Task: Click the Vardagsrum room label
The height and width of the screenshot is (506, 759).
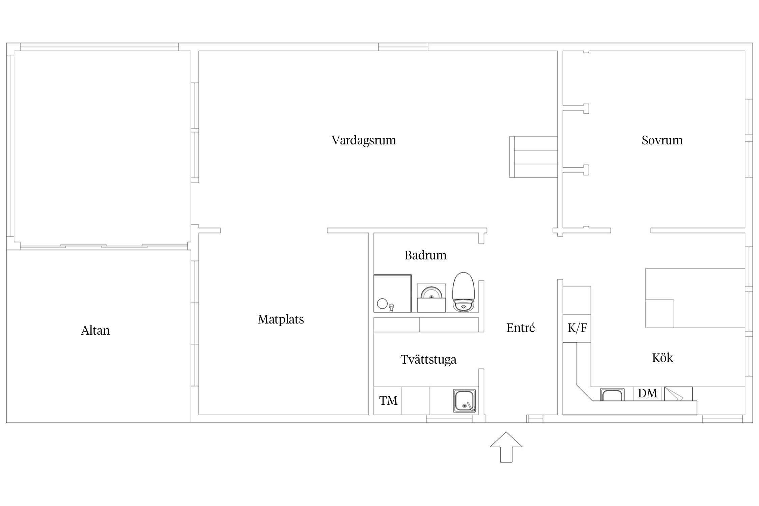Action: pyautogui.click(x=364, y=140)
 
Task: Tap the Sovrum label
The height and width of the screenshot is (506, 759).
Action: pyautogui.click(x=662, y=140)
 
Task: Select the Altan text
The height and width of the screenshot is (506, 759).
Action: pyautogui.click(x=95, y=330)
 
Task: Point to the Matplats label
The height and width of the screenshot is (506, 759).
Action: pyautogui.click(x=281, y=319)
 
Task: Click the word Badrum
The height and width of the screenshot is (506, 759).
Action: pyautogui.click(x=425, y=255)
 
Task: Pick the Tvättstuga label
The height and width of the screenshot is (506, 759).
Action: pyautogui.click(x=428, y=360)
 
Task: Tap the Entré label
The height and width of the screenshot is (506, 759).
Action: pyautogui.click(x=521, y=328)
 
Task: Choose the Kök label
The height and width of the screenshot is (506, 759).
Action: pyautogui.click(x=663, y=358)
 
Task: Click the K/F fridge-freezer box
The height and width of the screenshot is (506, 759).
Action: pyautogui.click(x=577, y=328)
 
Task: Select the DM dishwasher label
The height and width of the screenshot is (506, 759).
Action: pyautogui.click(x=648, y=393)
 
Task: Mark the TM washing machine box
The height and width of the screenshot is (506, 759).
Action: pyautogui.click(x=388, y=401)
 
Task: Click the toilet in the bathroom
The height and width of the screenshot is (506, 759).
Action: pyautogui.click(x=463, y=292)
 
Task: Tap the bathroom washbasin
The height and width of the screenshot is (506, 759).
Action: pyautogui.click(x=431, y=298)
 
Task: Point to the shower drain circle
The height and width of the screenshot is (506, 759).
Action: pyautogui.click(x=382, y=304)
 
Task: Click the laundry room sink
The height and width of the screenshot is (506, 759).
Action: pyautogui.click(x=465, y=401)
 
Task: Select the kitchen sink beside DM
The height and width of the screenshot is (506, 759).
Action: pyautogui.click(x=612, y=394)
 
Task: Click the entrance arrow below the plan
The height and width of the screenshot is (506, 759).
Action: pyautogui.click(x=506, y=447)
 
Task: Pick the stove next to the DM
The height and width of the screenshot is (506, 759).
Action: pyautogui.click(x=678, y=394)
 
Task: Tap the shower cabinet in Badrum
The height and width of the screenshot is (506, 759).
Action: pyautogui.click(x=393, y=293)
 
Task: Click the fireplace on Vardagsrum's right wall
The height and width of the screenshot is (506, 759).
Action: pyautogui.click(x=533, y=157)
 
